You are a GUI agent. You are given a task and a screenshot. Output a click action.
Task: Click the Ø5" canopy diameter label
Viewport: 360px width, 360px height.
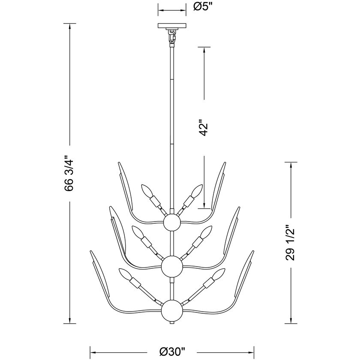(202, 7)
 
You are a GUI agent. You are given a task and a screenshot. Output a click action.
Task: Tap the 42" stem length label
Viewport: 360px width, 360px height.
(203, 127)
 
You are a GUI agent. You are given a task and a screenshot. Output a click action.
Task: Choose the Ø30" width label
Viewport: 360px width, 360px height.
(172, 351)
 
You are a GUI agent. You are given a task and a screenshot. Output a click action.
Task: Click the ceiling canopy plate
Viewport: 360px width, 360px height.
(172, 26)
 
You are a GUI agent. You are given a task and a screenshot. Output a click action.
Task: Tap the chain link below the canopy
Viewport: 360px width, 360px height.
(172, 36)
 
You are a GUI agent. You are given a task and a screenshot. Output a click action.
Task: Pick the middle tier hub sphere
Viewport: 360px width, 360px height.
(172, 266)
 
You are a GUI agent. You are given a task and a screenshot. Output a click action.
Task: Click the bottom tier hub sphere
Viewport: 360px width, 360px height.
(172, 311)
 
